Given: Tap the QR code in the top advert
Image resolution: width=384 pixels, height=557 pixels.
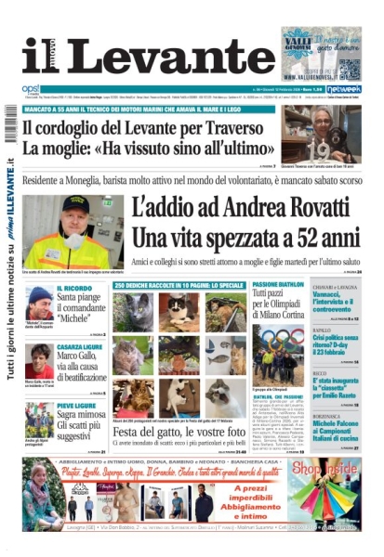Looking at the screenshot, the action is coord(349,68).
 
